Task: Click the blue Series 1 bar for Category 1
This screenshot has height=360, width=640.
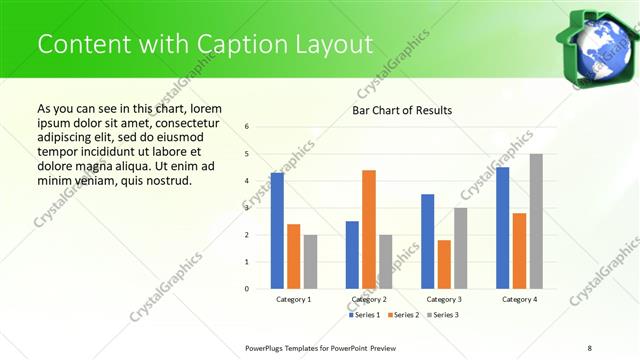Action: click(277, 231)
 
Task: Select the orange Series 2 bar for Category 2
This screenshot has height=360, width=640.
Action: click(369, 229)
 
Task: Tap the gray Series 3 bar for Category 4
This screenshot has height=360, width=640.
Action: click(536, 221)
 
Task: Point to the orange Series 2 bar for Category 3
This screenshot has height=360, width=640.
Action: click(444, 264)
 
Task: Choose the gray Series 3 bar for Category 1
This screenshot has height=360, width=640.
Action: click(310, 262)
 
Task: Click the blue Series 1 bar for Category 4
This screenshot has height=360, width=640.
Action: click(503, 228)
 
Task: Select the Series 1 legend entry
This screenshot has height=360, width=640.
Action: click(367, 315)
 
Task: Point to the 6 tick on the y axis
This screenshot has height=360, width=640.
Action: click(246, 127)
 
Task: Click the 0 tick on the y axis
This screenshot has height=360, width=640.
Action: click(246, 289)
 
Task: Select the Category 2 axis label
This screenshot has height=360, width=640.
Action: click(369, 299)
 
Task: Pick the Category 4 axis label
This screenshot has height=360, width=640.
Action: click(519, 299)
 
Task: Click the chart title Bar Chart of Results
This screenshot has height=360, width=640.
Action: click(402, 110)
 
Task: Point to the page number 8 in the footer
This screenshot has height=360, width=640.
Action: click(589, 347)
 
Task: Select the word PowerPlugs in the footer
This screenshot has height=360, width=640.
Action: click(267, 347)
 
